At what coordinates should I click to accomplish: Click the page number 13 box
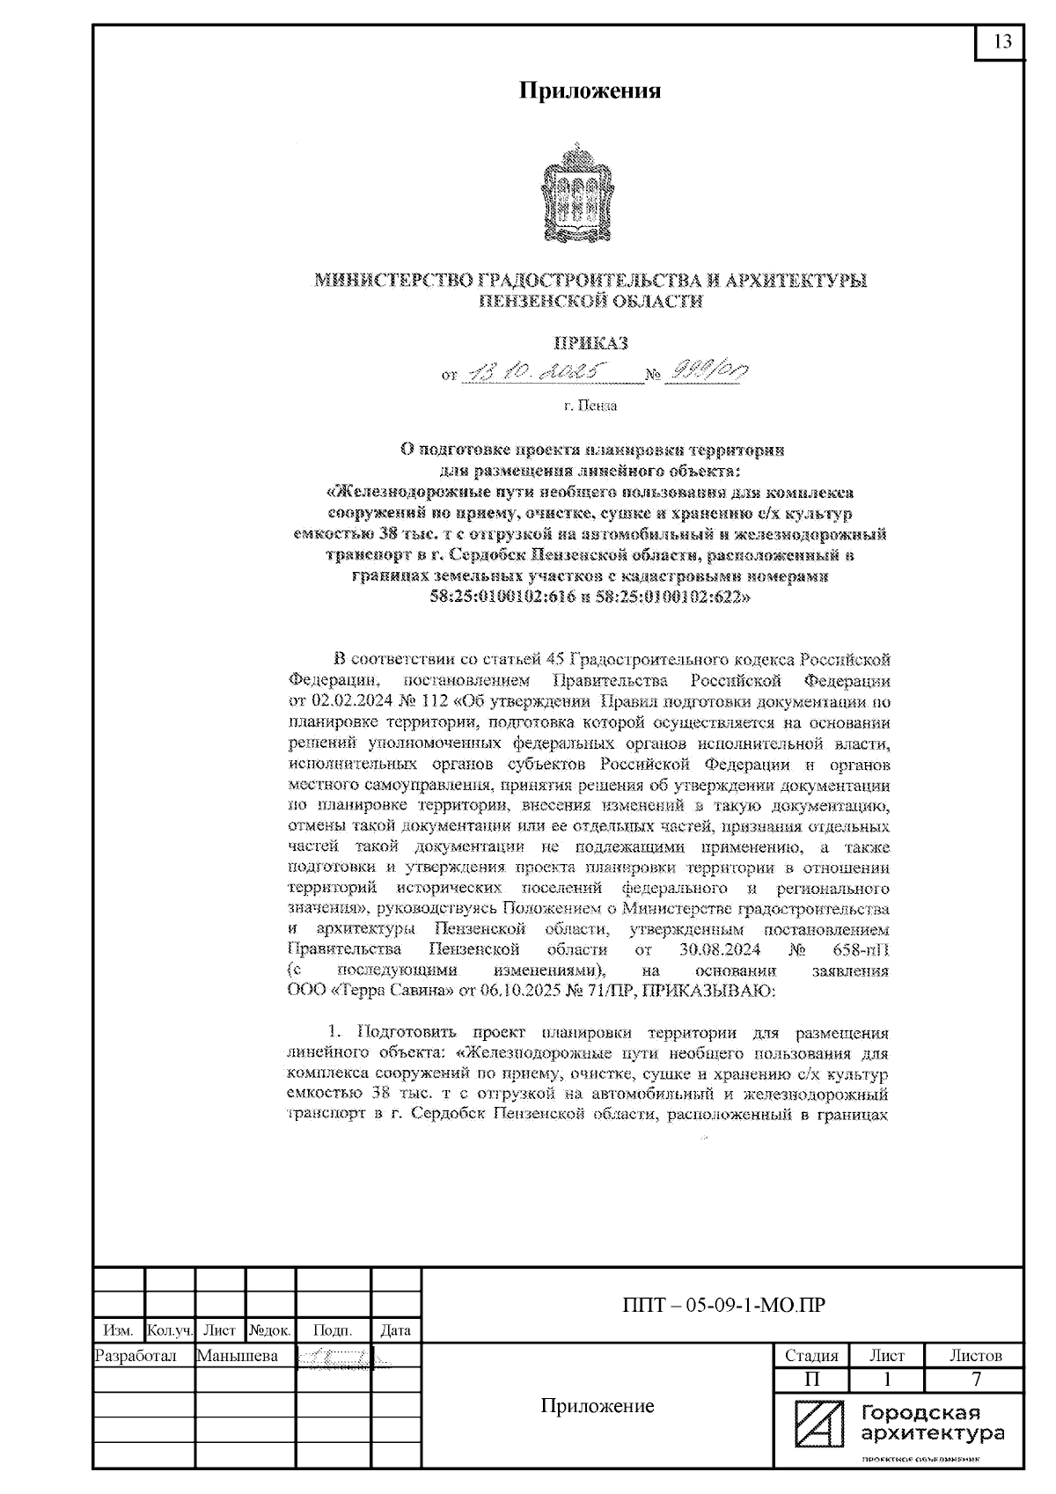pos(1001,42)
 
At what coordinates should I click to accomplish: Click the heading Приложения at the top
pos(589,91)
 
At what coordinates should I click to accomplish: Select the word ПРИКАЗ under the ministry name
pos(590,344)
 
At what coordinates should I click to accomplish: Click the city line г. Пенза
pos(590,406)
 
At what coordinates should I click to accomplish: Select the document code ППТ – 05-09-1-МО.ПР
pos(722,1305)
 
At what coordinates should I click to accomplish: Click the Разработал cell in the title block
pos(136,1356)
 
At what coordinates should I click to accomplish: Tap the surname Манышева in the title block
pos(238,1356)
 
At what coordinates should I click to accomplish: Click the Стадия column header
pos(810,1356)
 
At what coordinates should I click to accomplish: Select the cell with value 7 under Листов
pos(976,1380)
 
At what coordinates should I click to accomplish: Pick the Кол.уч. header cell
pos(169,1331)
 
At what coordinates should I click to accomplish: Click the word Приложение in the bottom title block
pos(597,1406)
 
